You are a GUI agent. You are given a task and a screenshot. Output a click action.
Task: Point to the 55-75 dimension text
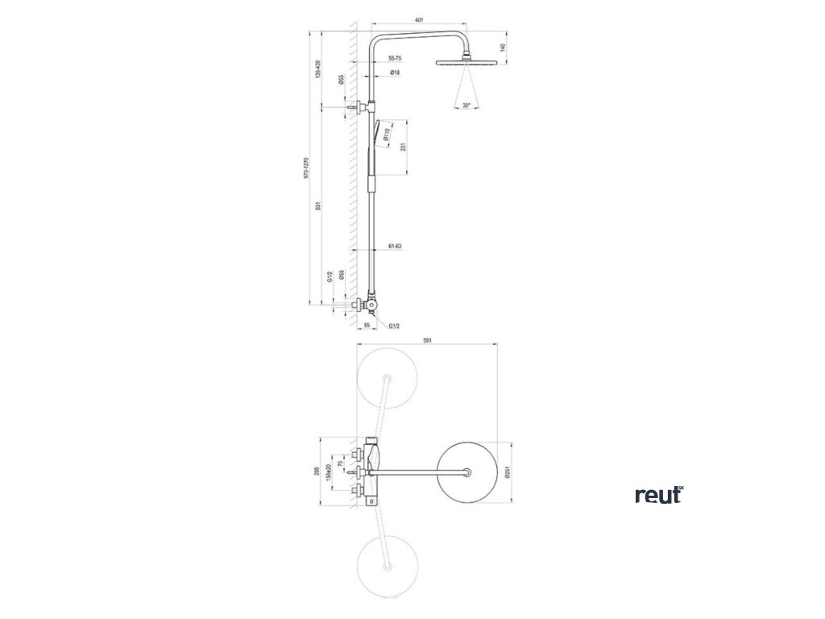click(x=395, y=59)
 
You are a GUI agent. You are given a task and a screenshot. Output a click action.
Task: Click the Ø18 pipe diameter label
click(x=396, y=73)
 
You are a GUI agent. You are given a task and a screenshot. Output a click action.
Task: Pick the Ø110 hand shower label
click(x=388, y=135)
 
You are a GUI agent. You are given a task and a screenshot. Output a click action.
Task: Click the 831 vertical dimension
click(x=320, y=206)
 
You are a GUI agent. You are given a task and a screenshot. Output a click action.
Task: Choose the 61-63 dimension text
click(x=395, y=245)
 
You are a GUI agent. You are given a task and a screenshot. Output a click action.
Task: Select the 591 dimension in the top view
click(x=428, y=341)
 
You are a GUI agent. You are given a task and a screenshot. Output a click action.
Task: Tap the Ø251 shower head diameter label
click(x=508, y=472)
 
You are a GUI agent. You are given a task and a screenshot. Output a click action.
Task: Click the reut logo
click(x=659, y=495)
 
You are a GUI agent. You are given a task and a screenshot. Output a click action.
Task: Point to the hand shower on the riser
click(x=374, y=149)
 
